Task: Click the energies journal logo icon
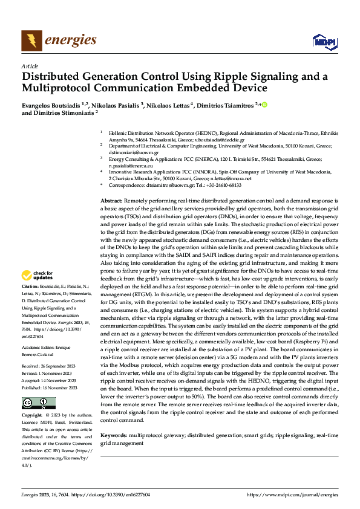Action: (32, 41)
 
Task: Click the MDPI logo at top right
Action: (324, 41)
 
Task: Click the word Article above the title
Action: (30, 66)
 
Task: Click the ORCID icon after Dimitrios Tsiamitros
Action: (264, 105)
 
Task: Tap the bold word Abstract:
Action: (111, 200)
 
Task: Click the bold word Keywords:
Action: (113, 435)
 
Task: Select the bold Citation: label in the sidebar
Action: (31, 286)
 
